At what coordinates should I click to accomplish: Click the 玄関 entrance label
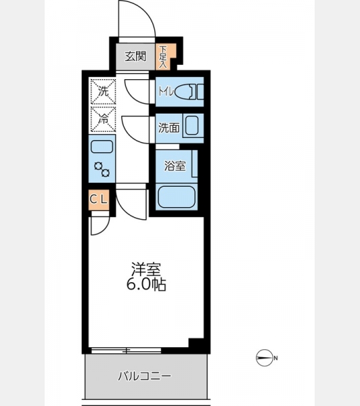[135, 56]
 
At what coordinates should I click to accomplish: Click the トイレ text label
[166, 91]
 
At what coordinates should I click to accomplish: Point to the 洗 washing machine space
[103, 91]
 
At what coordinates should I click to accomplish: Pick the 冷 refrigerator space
[103, 119]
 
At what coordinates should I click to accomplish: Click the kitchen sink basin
[102, 147]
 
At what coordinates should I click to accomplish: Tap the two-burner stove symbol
[102, 169]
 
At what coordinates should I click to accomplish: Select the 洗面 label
[169, 128]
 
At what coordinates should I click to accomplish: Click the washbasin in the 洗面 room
[192, 126]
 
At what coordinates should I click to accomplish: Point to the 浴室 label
[175, 166]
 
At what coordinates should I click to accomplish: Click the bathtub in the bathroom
[177, 197]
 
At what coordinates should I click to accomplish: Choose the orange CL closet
[99, 200]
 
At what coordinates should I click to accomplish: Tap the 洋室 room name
[146, 269]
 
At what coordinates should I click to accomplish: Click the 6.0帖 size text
[146, 285]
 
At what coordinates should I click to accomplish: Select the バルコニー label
[145, 376]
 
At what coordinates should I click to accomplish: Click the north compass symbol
[265, 358]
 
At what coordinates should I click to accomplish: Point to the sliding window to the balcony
[126, 351]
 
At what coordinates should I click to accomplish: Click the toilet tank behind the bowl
[200, 91]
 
